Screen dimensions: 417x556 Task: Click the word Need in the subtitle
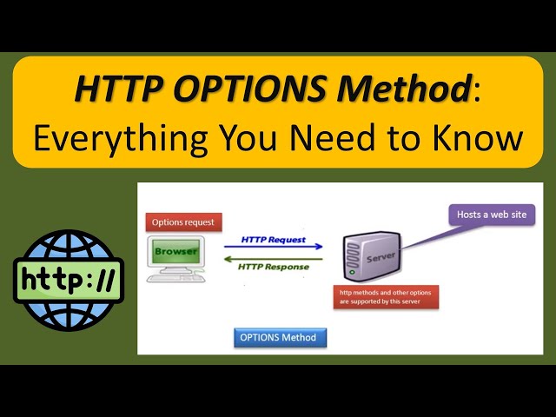pyautogui.click(x=320, y=137)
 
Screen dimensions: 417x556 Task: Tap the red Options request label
pyautogui.click(x=182, y=222)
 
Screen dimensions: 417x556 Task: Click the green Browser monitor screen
pyautogui.click(x=176, y=252)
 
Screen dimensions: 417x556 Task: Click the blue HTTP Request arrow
pyautogui.click(x=274, y=247)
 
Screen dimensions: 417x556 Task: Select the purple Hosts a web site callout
pyautogui.click(x=491, y=214)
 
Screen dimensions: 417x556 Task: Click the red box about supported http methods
pyautogui.click(x=386, y=296)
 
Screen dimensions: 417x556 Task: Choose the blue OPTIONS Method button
pyautogui.click(x=280, y=337)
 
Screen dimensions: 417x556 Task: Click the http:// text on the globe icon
pyautogui.click(x=69, y=280)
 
